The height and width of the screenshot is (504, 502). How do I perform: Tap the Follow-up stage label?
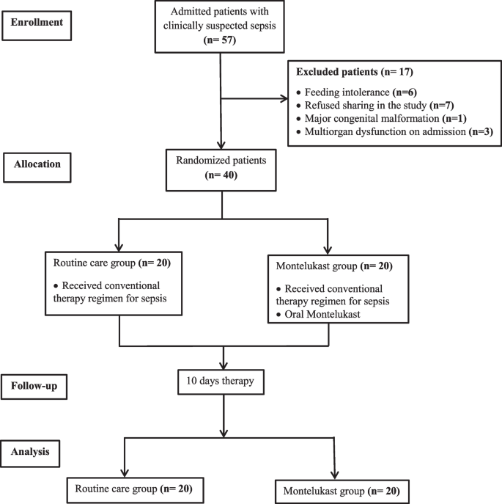(42, 384)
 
